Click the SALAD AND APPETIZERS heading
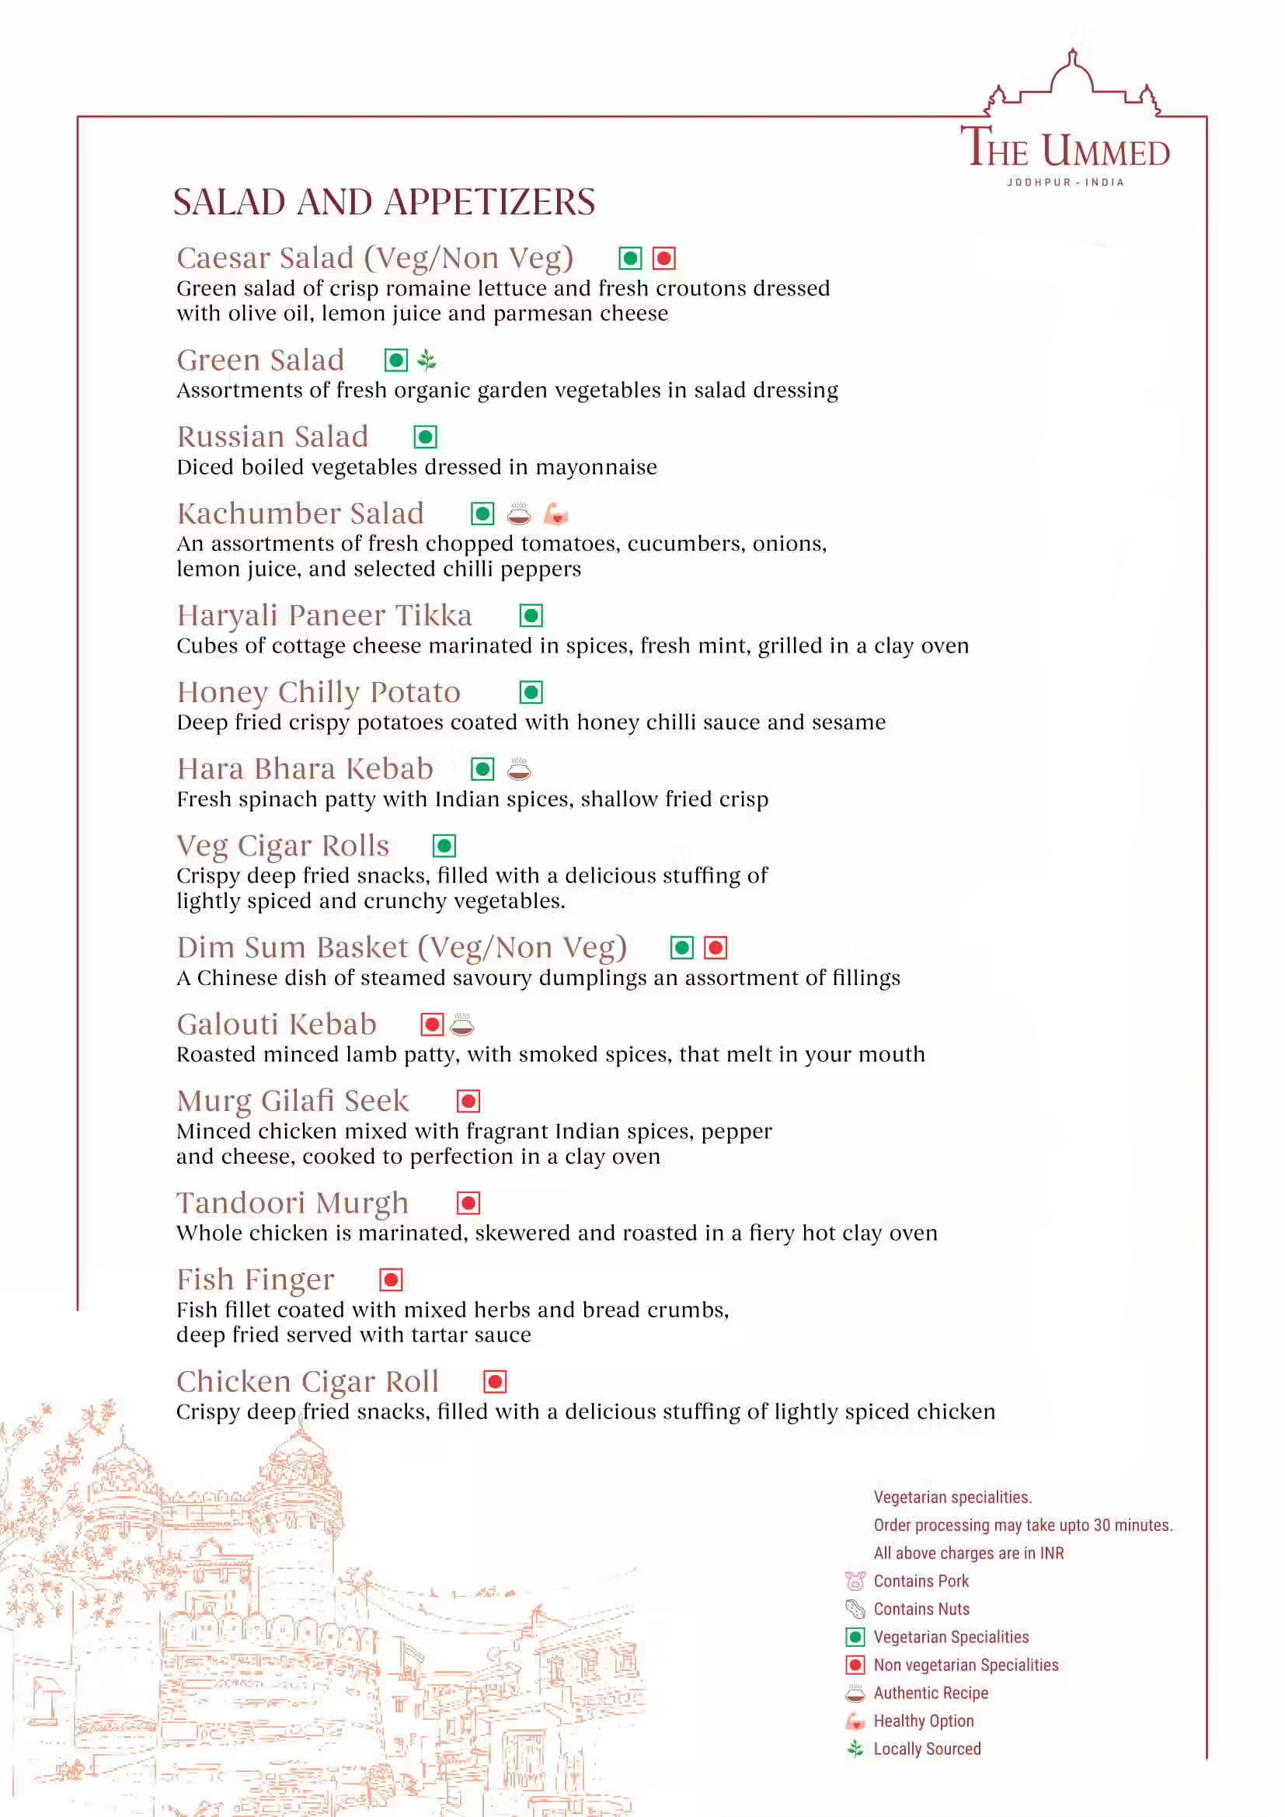pos(384,203)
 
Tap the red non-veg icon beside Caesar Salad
pos(663,258)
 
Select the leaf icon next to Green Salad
pos(427,361)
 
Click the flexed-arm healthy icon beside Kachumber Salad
pos(556,514)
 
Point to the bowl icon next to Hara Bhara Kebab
pos(519,768)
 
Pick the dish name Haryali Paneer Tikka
pos(325,615)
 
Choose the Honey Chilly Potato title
pos(318,691)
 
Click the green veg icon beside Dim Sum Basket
pos(682,947)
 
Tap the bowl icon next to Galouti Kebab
pos(462,1025)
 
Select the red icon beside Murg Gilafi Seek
pos(468,1101)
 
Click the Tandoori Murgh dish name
pos(293,1203)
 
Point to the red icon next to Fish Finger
pos(391,1279)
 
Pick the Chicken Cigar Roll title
pos(307,1382)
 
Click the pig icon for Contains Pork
pos(855,1581)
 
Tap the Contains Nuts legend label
pos(921,1609)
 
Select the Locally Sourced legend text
pos(927,1749)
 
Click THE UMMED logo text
pos(1065,149)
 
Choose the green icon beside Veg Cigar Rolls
pos(444,846)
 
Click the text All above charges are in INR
pos(969,1553)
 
